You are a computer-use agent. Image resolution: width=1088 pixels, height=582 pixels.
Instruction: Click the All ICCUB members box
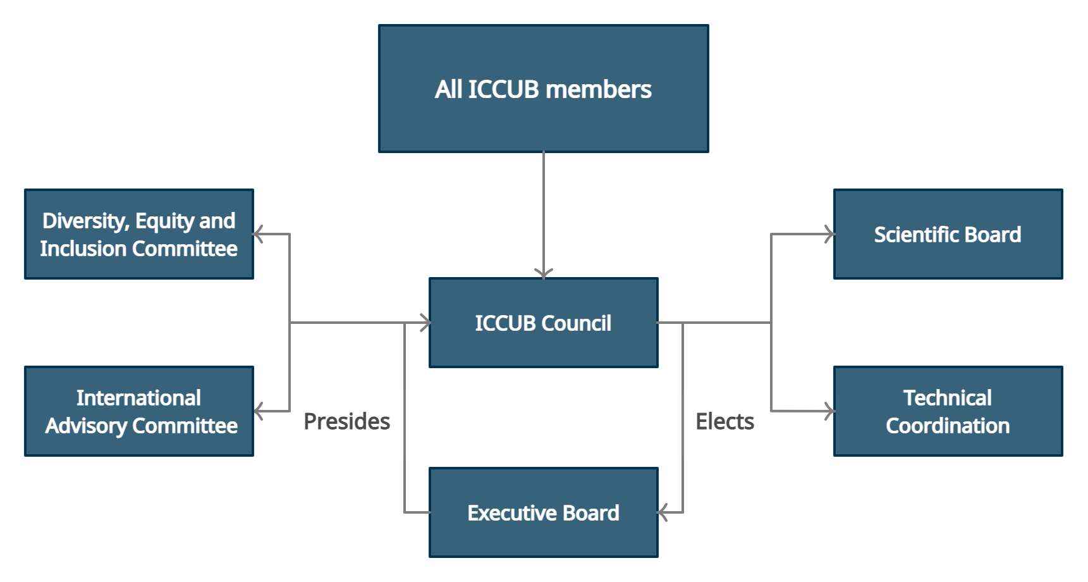[x=544, y=89]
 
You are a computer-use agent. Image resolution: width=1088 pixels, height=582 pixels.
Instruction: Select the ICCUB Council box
[x=544, y=323]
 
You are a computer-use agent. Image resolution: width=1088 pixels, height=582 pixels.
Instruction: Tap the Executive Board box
[x=544, y=512]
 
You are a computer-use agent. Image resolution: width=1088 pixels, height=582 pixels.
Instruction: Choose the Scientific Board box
[x=948, y=234]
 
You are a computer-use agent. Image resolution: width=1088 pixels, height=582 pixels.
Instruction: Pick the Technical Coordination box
[x=948, y=411]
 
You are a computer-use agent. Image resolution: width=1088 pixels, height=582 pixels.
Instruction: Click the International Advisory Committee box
[x=139, y=411]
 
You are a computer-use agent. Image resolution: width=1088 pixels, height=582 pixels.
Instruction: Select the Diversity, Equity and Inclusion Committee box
[x=139, y=234]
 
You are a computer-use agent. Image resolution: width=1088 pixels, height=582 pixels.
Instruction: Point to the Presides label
[x=347, y=421]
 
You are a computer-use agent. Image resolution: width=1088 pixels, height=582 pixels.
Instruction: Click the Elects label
[x=725, y=421]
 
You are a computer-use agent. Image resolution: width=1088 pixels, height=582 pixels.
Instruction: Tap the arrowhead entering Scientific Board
[x=829, y=234]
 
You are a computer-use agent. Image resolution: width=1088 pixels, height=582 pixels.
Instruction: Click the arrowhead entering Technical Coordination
[x=829, y=411]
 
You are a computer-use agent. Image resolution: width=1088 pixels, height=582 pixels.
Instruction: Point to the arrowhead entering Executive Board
[x=663, y=512]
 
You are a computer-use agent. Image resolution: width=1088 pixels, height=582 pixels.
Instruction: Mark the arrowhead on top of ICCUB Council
[x=544, y=273]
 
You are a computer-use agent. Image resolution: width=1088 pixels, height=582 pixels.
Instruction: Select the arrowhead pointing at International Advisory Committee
[x=258, y=411]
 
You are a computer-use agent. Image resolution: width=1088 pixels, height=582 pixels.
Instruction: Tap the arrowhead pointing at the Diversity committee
[x=258, y=234]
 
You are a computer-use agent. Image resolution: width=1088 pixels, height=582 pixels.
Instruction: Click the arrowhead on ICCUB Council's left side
[x=425, y=323]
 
